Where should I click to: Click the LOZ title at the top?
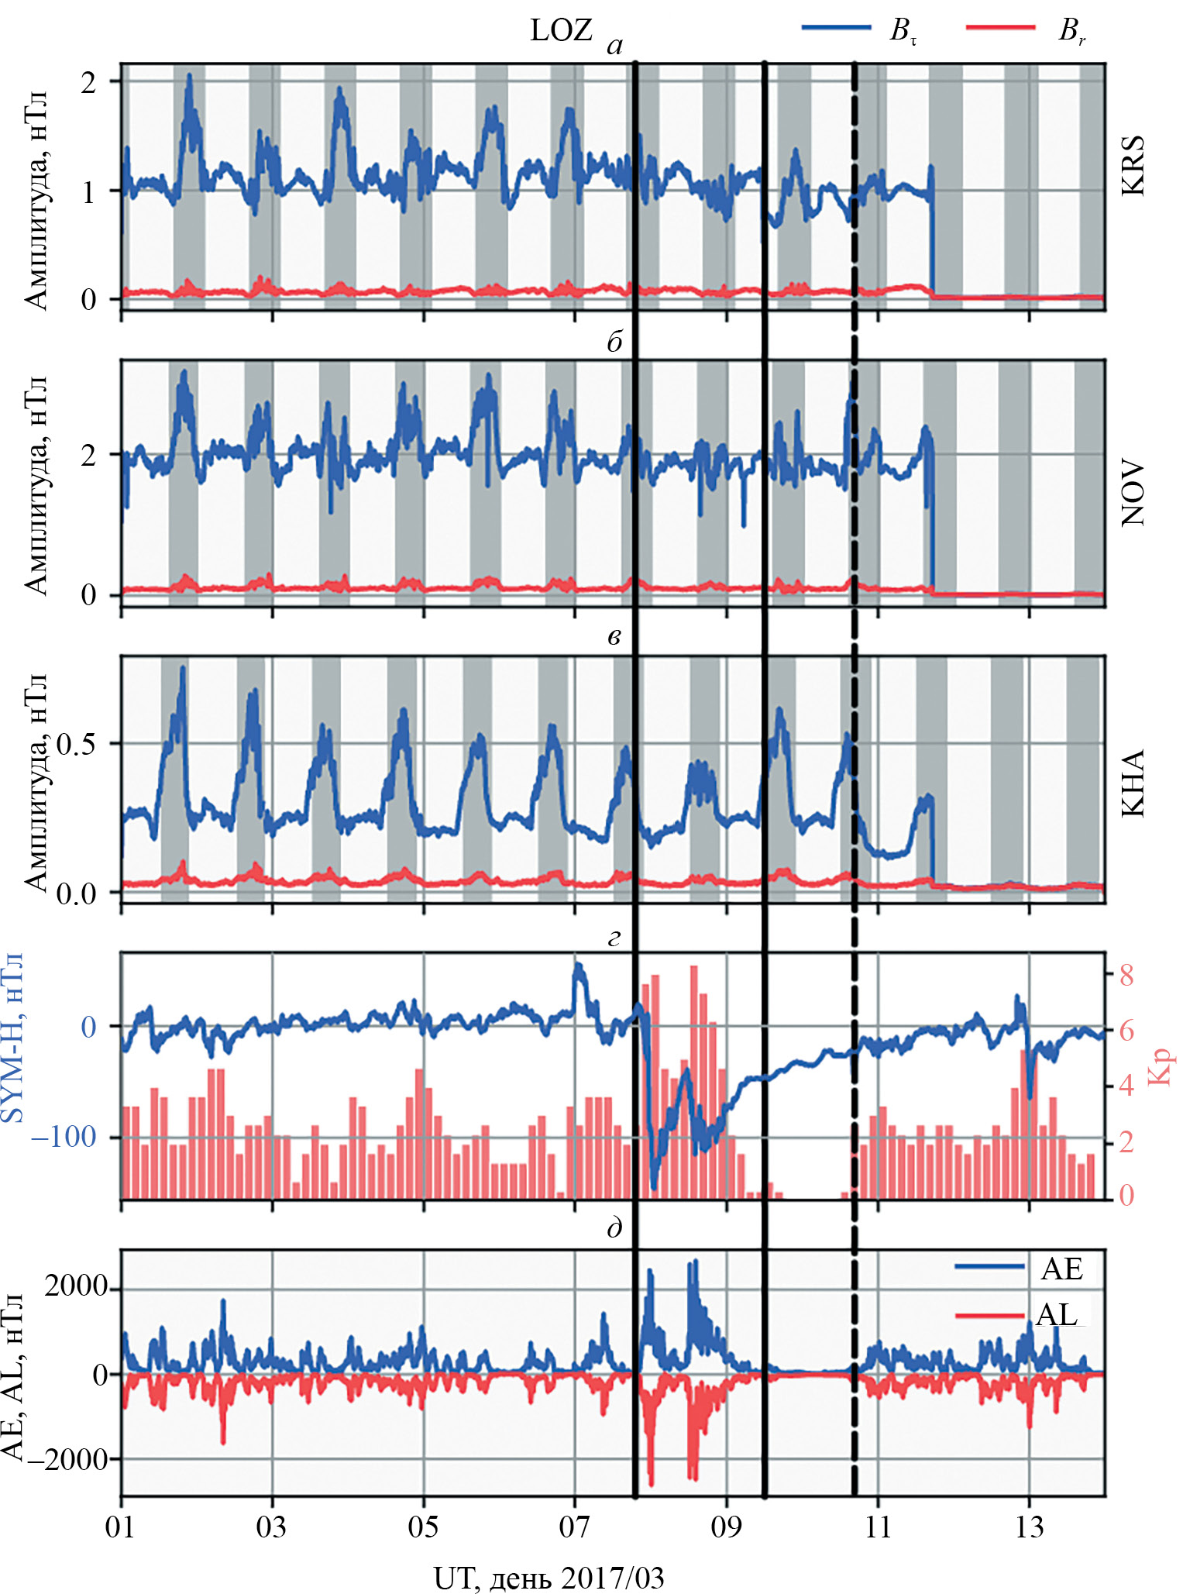561,30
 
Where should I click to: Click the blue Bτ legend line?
836,27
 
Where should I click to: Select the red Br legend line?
1001,27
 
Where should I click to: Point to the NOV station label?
1133,494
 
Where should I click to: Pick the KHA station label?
1133,783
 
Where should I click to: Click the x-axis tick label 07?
574,1527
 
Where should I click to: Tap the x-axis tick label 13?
1029,1527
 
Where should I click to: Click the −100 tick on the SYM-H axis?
64,1136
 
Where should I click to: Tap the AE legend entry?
1062,1269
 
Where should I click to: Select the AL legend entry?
1057,1314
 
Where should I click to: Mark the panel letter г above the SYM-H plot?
614,938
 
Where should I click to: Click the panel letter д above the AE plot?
614,1228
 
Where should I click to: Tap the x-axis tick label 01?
120,1527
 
